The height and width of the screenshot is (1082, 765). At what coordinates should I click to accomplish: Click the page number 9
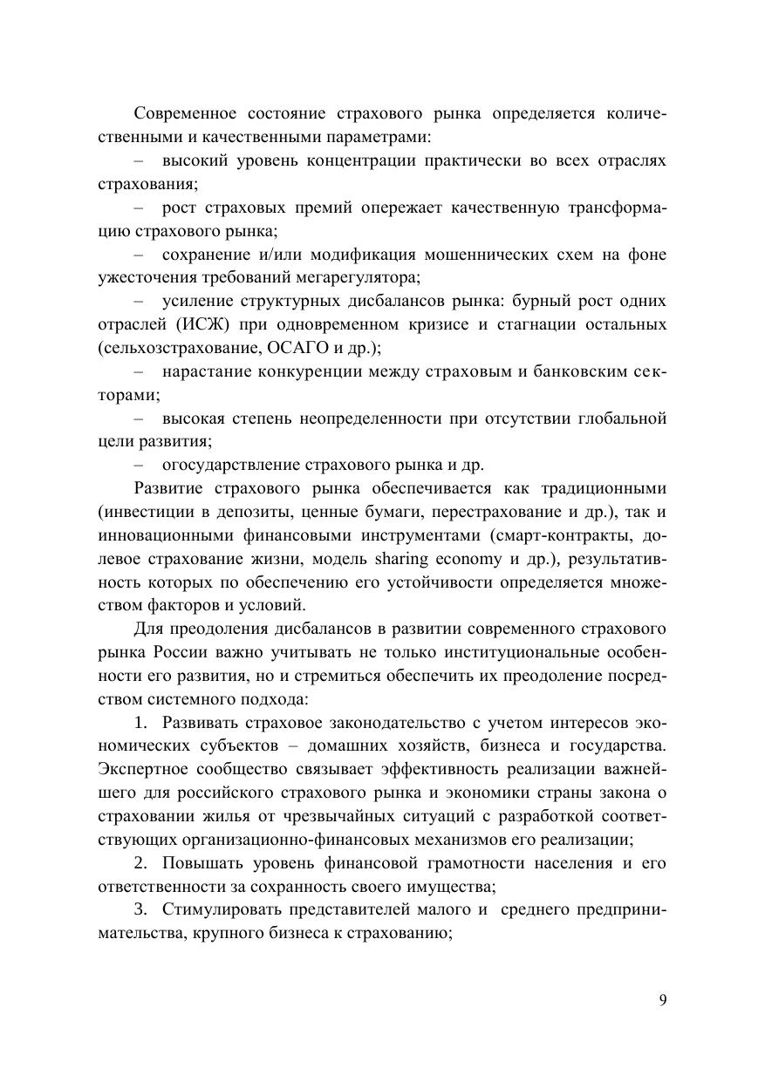pos(663,1000)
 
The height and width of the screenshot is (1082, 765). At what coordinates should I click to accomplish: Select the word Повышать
pos(197,863)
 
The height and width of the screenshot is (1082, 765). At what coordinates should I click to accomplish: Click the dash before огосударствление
pos(140,465)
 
